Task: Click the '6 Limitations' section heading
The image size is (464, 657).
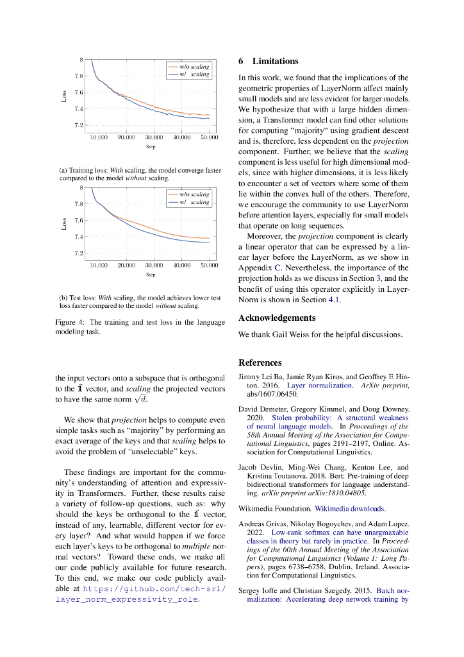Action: pos(269,62)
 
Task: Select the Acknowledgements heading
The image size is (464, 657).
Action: pos(277,318)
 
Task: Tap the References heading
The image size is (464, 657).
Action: pos(260,363)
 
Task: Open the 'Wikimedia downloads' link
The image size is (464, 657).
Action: pos(350,508)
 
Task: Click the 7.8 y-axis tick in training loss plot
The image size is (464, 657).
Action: pos(78,76)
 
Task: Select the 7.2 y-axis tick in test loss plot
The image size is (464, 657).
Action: pos(78,253)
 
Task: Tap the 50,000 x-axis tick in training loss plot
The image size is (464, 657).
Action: pos(209,138)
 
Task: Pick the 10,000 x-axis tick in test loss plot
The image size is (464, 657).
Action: pos(98,265)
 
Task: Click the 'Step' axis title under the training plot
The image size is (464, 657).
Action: pos(151,147)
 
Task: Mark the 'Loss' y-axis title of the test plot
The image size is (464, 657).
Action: pos(64,223)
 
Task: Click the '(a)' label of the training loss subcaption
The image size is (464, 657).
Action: pos(63,171)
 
